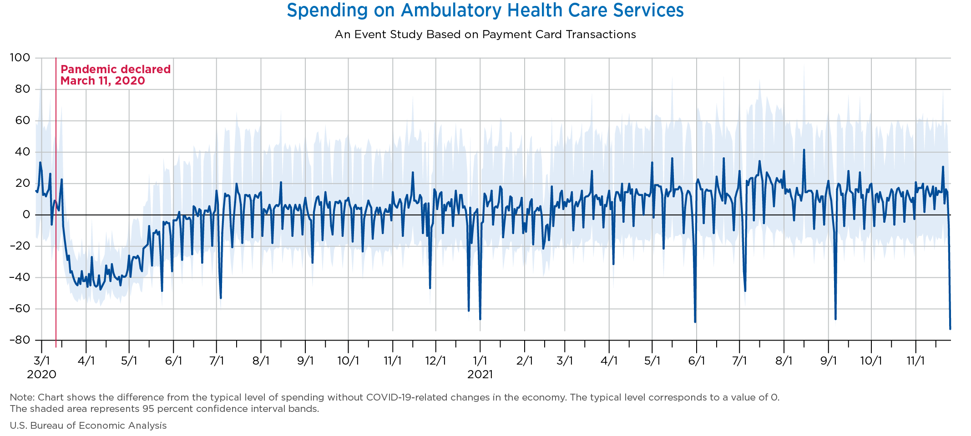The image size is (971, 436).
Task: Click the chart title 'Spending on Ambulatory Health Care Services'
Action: (485, 11)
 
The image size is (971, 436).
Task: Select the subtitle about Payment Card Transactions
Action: (485, 35)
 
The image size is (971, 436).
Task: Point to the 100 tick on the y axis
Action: (20, 58)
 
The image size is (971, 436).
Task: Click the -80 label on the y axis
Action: (20, 340)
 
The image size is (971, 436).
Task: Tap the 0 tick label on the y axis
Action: (26, 215)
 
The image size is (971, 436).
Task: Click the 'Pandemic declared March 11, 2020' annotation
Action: (116, 75)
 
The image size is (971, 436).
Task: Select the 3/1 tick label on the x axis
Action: (41, 361)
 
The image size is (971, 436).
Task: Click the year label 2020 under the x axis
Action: (41, 375)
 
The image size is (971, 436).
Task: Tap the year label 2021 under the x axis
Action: (480, 375)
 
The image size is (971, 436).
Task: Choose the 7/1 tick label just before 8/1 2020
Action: (217, 361)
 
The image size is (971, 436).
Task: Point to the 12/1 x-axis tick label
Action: (435, 361)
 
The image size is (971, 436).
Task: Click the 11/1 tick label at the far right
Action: (915, 361)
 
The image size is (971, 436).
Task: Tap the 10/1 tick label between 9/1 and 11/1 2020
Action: (348, 361)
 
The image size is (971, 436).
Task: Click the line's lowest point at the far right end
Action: (950, 328)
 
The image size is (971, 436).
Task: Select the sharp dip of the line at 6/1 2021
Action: (695, 321)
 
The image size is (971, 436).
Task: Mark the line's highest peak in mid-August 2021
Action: (804, 150)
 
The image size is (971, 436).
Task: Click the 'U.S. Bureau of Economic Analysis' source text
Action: (88, 426)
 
